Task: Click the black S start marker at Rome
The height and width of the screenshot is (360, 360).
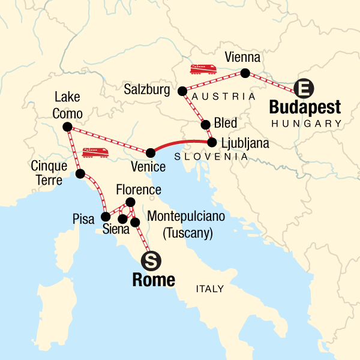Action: [x=151, y=260]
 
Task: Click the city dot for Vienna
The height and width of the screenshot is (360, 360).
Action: [x=245, y=74]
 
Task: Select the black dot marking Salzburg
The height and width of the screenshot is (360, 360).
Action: [x=182, y=91]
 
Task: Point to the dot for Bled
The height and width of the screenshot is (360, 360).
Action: [x=206, y=125]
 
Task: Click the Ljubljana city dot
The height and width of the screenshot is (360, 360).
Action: [x=212, y=143]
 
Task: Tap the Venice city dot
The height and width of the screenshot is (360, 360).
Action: [x=151, y=152]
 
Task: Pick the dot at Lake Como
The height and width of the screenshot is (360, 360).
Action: [x=67, y=127]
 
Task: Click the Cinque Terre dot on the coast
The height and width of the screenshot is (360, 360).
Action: [x=80, y=174]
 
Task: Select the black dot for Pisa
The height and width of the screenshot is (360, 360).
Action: [x=106, y=217]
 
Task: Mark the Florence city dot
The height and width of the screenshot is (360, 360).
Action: [x=130, y=202]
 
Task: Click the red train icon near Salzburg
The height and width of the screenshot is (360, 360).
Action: [x=203, y=69]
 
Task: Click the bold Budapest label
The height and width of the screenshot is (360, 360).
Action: [x=305, y=108]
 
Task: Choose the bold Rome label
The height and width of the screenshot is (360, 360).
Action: [x=155, y=280]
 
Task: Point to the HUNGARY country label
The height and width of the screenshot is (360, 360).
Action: [x=306, y=124]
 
